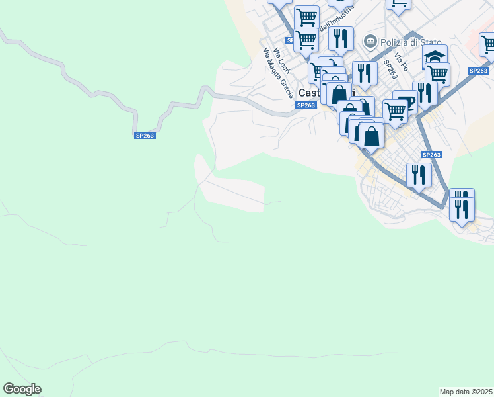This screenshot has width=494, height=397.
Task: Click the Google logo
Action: [x=22, y=389]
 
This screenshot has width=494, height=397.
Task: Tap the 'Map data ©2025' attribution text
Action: [x=466, y=392]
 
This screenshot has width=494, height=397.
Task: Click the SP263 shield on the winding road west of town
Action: [x=144, y=136]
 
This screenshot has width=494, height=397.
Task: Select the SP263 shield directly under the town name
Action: [x=306, y=105]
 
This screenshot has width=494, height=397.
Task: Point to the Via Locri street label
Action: [x=281, y=61]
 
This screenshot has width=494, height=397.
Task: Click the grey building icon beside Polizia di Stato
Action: [x=370, y=42]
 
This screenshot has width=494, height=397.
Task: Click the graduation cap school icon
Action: [x=435, y=56]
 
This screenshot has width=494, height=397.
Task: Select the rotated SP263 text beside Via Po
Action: [x=390, y=69]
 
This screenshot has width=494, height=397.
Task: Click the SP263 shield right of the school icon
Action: [x=477, y=71]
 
